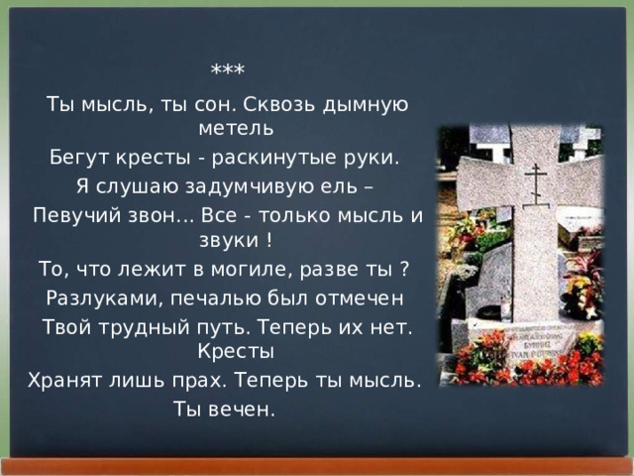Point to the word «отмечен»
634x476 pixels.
coord(361,298)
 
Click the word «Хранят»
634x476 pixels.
coord(61,381)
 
